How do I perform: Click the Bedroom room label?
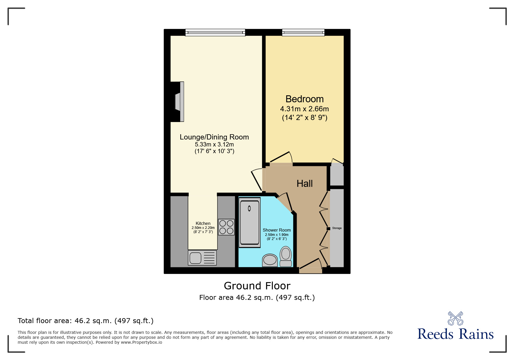point(304,99)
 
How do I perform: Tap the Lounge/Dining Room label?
point(214,137)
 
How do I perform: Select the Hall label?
point(304,184)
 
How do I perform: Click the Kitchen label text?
point(203,223)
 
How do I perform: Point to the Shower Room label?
point(277,230)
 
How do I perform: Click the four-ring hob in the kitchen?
point(226,227)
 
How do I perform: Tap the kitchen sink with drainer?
point(202,258)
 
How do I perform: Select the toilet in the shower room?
point(286,256)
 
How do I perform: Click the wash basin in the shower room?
point(270,260)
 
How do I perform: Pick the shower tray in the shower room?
point(250,222)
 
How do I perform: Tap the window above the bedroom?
point(303,33)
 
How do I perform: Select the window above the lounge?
point(215,33)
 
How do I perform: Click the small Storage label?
point(337,228)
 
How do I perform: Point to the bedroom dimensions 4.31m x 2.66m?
point(304,109)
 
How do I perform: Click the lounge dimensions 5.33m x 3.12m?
point(214,144)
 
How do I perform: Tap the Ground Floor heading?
point(257,286)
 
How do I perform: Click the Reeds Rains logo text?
point(455,334)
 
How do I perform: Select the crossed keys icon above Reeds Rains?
point(455,318)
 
